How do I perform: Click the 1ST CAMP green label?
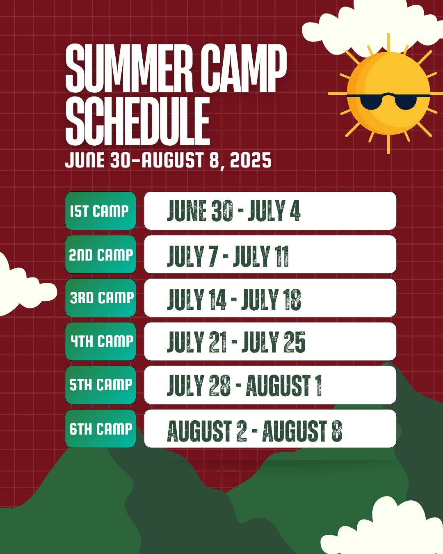click(x=100, y=211)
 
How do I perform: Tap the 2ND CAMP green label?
click(x=100, y=254)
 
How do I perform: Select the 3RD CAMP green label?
click(x=100, y=298)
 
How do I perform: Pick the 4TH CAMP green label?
click(x=100, y=341)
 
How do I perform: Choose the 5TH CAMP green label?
click(x=100, y=385)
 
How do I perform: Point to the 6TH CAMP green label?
click(x=100, y=428)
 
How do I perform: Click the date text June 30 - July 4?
click(x=233, y=211)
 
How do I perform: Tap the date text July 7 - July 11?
click(x=228, y=256)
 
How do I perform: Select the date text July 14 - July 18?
click(x=234, y=299)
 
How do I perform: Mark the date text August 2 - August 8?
click(x=254, y=430)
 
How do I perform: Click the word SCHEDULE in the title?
click(x=138, y=121)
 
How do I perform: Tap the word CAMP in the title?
click(x=244, y=68)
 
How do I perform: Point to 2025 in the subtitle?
click(x=251, y=160)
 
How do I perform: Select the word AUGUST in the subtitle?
click(x=172, y=160)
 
